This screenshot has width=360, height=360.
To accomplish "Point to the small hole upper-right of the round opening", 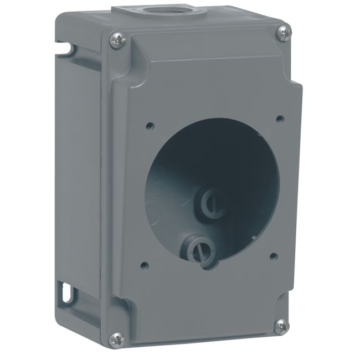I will click(279, 117).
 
